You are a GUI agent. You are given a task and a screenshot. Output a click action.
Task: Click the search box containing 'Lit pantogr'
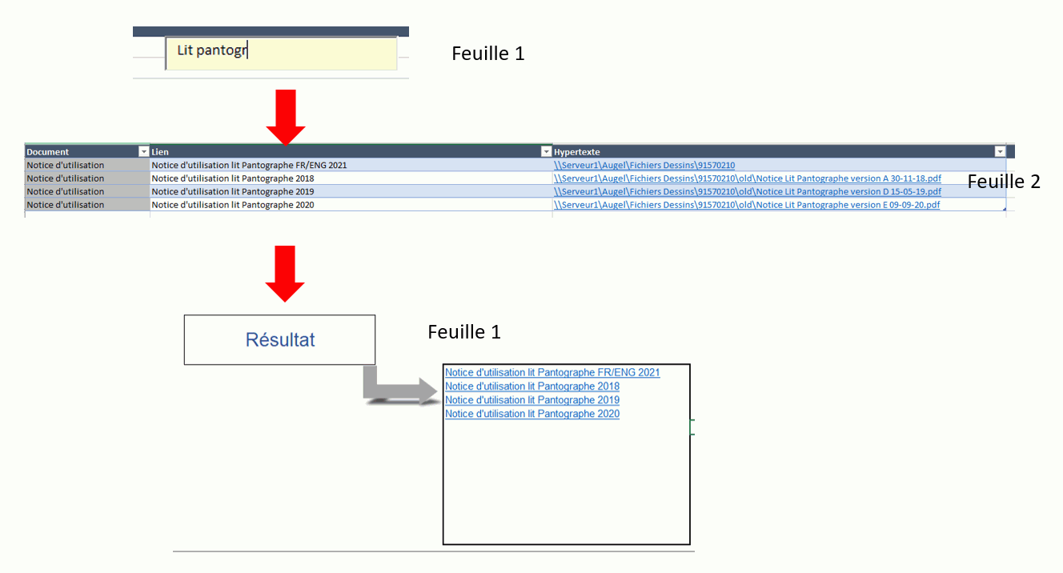pyautogui.click(x=280, y=53)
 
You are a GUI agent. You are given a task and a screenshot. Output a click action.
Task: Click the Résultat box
pyautogui.click(x=279, y=340)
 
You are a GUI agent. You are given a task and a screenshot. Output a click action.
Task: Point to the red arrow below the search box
pyautogui.click(x=285, y=117)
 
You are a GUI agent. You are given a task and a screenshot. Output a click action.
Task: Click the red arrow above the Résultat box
pyautogui.click(x=285, y=273)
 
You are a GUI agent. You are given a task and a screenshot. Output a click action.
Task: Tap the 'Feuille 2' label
pyautogui.click(x=1004, y=182)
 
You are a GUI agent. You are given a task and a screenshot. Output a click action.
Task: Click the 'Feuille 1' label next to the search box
pyautogui.click(x=487, y=54)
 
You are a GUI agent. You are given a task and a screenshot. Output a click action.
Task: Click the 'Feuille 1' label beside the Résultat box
pyautogui.click(x=464, y=331)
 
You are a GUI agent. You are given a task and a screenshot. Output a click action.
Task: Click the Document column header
pyautogui.click(x=48, y=152)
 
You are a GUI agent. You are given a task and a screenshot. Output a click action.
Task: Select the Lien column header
pyautogui.click(x=160, y=152)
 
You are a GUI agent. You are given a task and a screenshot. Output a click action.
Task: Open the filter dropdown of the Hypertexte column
pyautogui.click(x=999, y=152)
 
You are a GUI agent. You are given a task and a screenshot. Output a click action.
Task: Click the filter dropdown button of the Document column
pyautogui.click(x=143, y=152)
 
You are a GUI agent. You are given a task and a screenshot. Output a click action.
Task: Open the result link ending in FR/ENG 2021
pyautogui.click(x=552, y=373)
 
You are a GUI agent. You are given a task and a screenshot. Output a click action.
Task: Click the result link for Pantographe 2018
pyautogui.click(x=531, y=387)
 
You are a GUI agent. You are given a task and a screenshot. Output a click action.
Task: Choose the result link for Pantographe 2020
pyautogui.click(x=531, y=414)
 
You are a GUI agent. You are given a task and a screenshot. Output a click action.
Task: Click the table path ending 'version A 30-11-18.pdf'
pyautogui.click(x=747, y=178)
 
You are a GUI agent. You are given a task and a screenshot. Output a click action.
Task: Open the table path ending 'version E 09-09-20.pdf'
pyautogui.click(x=747, y=205)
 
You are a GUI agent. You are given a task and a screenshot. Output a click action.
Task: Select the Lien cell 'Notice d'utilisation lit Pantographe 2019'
pyautogui.click(x=233, y=192)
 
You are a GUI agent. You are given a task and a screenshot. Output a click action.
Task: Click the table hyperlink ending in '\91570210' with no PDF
pyautogui.click(x=644, y=166)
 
